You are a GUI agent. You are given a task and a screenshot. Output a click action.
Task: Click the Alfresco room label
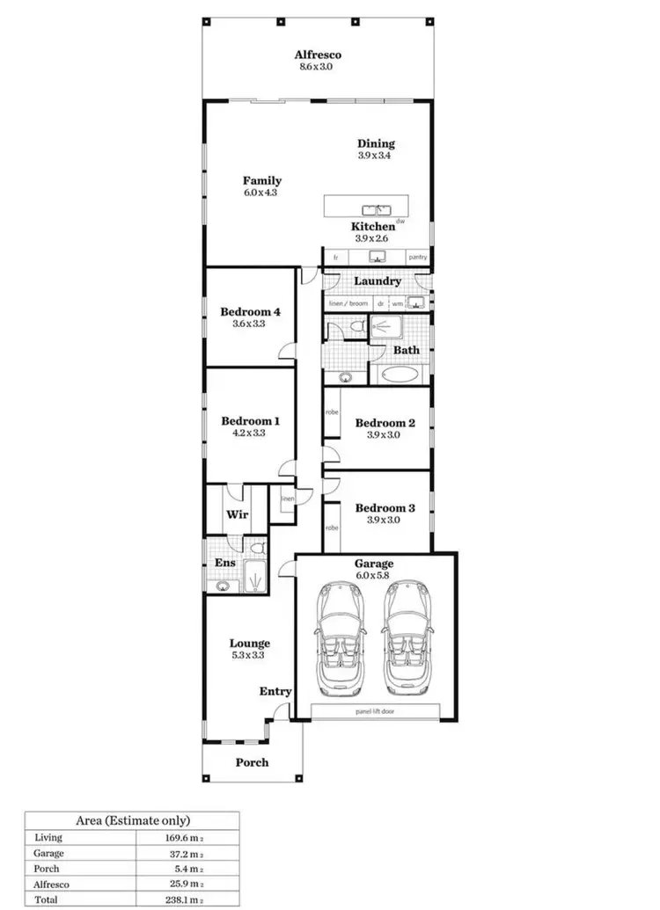[318, 55]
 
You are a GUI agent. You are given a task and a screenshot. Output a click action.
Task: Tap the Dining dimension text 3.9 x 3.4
[376, 156]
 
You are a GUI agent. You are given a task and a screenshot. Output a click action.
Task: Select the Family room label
[261, 181]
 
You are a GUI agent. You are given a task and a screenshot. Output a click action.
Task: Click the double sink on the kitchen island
[376, 209]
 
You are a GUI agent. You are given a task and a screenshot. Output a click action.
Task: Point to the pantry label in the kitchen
[419, 258]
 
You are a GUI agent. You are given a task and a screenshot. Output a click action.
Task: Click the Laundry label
[377, 281]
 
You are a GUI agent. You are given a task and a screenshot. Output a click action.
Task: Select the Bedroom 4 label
[250, 311]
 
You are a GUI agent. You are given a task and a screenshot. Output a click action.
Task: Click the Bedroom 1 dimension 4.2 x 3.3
[250, 433]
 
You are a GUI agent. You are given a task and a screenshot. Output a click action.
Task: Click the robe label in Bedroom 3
[332, 528]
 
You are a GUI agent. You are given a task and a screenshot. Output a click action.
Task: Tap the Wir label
[235, 514]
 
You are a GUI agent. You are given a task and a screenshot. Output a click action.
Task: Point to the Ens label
[224, 563]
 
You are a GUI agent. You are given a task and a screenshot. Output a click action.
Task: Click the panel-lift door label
[375, 710]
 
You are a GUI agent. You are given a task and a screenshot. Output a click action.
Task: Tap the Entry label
[275, 692]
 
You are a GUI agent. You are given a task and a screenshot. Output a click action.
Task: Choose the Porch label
[252, 761]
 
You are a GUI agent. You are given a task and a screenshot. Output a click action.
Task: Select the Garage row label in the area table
[48, 853]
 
